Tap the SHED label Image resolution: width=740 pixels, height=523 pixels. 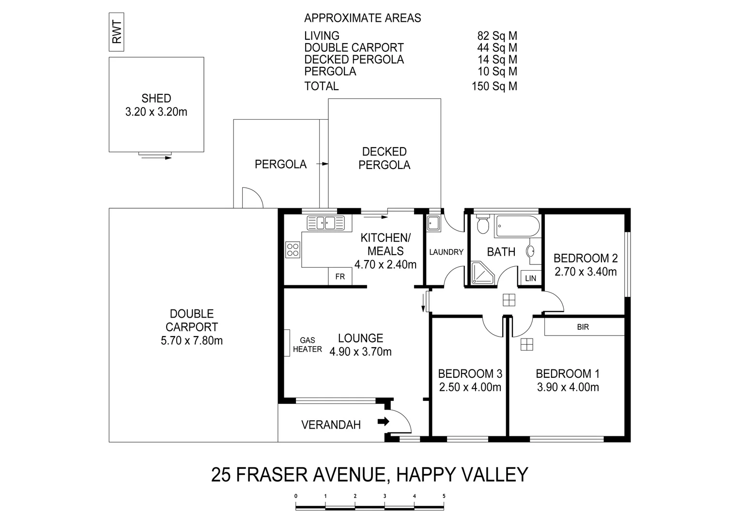tap(156, 98)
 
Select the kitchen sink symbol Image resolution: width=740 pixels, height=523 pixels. tap(325, 223)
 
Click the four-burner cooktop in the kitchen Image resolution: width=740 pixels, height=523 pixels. tap(293, 249)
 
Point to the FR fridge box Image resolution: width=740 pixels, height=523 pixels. tap(340, 277)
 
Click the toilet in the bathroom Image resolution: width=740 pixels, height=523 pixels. tap(482, 225)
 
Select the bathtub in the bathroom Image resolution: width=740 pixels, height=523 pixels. tap(517, 226)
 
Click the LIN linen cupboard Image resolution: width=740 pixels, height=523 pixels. tap(531, 278)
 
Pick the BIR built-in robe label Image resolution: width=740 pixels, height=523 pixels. tap(583, 327)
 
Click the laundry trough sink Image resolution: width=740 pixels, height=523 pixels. tap(432, 223)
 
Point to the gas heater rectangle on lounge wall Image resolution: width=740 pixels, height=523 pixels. tap(287, 342)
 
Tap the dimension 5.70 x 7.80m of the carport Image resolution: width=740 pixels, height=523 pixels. tap(191, 340)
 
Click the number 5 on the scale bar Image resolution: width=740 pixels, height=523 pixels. tap(444, 496)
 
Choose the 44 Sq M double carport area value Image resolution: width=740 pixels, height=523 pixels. tap(497, 47)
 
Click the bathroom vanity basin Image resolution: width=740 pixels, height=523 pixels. tap(531, 251)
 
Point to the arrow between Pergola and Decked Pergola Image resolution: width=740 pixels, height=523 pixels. tap(322, 164)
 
